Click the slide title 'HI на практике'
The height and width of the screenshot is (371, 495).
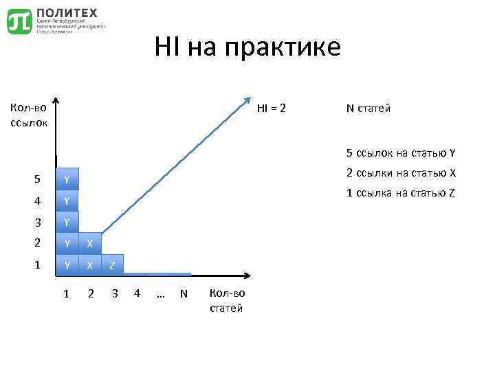(247, 47)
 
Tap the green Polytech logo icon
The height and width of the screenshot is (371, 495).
(19, 21)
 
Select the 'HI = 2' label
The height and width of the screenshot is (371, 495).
(272, 109)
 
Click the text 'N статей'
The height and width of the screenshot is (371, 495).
(368, 109)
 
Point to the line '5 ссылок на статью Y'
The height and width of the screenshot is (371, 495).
(401, 153)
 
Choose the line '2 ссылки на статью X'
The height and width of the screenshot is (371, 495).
(401, 172)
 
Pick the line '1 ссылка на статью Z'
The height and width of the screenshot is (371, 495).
(400, 192)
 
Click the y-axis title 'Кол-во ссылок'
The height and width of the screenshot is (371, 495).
(28, 115)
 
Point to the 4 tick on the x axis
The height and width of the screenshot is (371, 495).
(137, 294)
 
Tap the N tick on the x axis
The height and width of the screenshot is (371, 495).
(183, 294)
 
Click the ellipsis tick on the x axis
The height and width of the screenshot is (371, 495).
(160, 294)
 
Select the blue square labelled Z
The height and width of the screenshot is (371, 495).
(112, 265)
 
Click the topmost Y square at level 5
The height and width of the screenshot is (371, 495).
(67, 180)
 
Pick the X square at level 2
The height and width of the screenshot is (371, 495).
(89, 244)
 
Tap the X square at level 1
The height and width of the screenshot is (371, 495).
(89, 265)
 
